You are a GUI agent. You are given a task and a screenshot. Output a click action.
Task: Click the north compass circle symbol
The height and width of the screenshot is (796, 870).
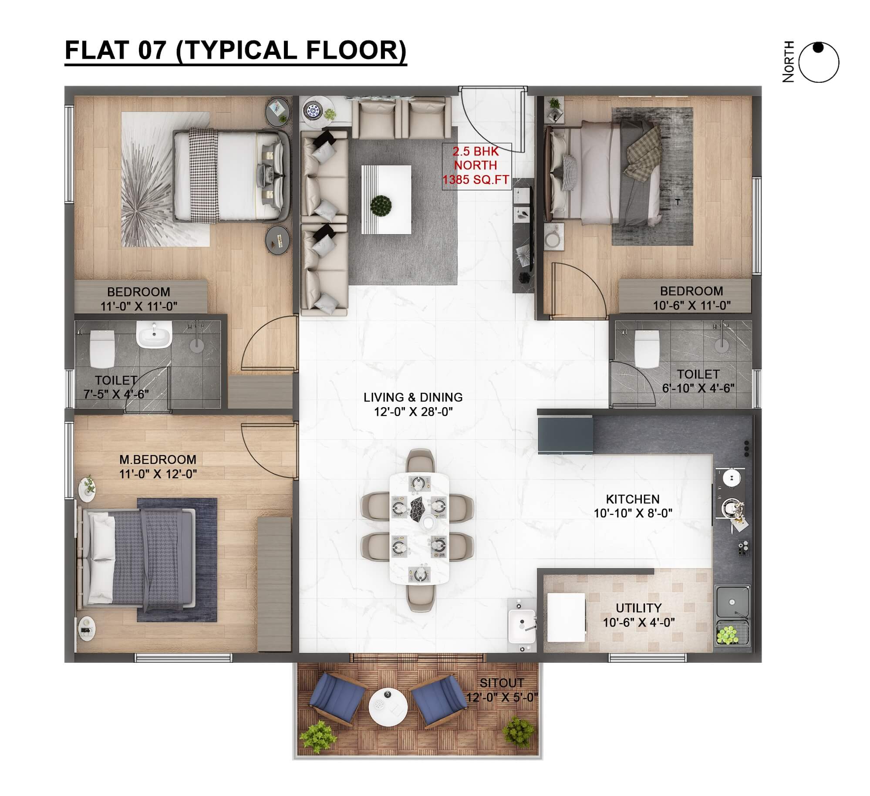click(819, 63)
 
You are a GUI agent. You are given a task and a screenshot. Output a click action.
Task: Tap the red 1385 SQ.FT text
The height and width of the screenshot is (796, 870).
click(475, 179)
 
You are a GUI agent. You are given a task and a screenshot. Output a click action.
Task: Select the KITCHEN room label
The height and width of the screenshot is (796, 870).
click(633, 499)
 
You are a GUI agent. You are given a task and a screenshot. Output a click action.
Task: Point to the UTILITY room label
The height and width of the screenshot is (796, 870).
click(639, 607)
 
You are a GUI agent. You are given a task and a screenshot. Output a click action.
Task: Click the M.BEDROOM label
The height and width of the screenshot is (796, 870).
click(158, 459)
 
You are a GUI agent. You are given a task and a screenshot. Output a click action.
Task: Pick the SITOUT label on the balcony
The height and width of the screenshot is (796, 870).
click(502, 683)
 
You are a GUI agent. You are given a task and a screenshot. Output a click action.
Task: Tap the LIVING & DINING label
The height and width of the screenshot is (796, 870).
click(413, 397)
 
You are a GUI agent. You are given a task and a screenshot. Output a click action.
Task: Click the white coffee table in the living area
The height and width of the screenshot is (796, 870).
click(386, 199)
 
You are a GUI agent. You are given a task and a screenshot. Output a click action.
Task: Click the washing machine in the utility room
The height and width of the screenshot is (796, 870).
click(566, 617)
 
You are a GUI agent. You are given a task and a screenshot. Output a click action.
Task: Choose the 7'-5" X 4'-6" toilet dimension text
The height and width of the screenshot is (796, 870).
click(116, 394)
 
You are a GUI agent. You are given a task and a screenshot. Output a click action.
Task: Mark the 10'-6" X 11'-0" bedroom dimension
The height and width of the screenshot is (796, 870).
click(691, 305)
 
